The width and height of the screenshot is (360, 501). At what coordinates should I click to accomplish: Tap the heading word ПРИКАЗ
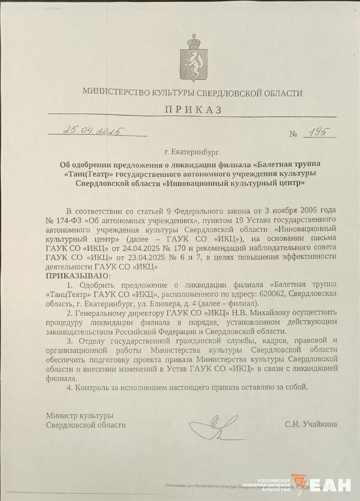[193, 110]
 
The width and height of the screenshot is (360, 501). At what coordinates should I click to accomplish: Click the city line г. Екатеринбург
[193, 153]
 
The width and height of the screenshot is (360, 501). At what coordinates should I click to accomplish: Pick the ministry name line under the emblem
[193, 93]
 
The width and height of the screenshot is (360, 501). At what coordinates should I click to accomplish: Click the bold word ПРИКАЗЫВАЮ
[77, 275]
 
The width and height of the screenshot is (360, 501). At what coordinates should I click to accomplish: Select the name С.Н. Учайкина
[310, 424]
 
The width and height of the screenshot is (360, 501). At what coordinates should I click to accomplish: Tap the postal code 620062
[271, 294]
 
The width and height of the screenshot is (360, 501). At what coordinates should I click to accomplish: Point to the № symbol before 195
[294, 133]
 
